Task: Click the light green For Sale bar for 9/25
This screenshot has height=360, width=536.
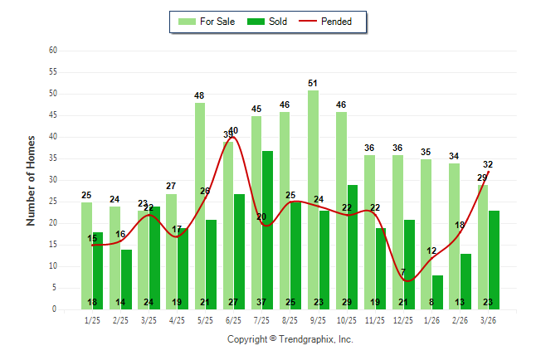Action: coord(313,199)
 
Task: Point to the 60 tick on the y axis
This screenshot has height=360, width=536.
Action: coord(53,51)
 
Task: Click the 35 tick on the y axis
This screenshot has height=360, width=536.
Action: coord(53,158)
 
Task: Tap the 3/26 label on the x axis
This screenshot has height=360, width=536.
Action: coord(488,319)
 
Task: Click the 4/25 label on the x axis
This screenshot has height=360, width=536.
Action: coord(177,319)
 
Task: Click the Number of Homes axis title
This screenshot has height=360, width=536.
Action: coord(31,180)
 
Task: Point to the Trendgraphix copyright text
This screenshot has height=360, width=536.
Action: coord(290,339)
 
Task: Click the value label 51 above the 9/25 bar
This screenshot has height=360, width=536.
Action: coord(313,83)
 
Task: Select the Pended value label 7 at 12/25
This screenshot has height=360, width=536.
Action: coord(402,272)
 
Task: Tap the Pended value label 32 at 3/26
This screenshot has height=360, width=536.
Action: coord(488,164)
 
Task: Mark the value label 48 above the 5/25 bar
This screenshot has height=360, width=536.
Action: coord(200,96)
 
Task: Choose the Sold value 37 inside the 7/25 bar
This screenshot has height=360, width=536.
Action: coord(268,302)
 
